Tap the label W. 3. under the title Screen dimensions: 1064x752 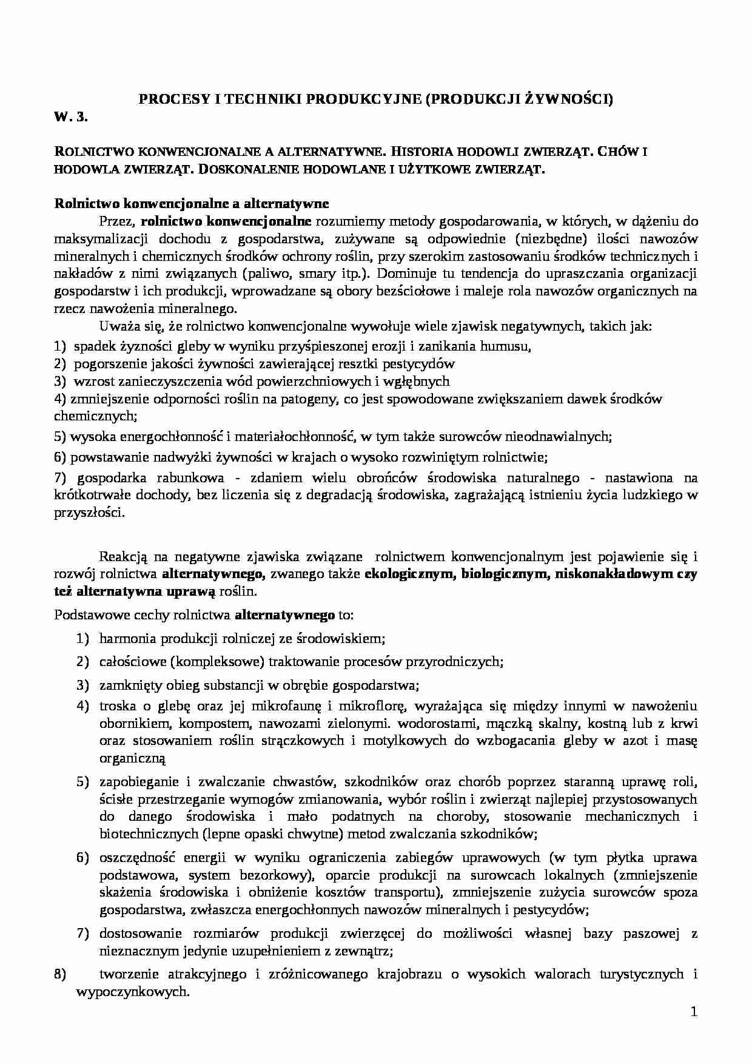tap(71, 118)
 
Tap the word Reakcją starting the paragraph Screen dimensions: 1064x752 tap(124, 556)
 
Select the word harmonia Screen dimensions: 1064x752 tap(126, 638)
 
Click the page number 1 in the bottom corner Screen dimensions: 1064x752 tap(694, 1012)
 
